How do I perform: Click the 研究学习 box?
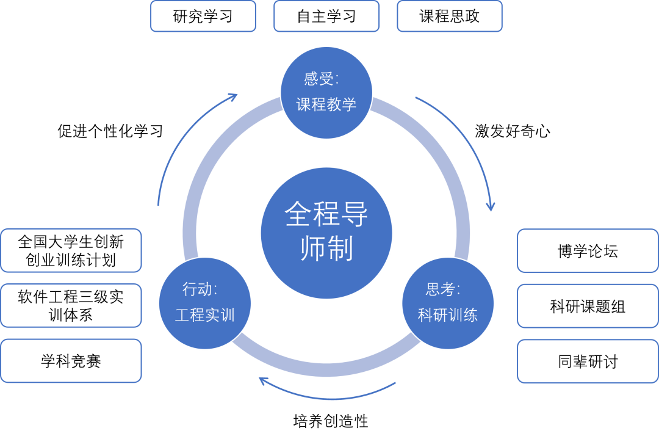pyautogui.click(x=203, y=16)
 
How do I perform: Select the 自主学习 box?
pyautogui.click(x=326, y=16)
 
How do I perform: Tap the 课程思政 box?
pyautogui.click(x=450, y=16)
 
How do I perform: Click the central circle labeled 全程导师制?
pyautogui.click(x=326, y=233)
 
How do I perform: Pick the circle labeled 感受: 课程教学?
pyautogui.click(x=326, y=92)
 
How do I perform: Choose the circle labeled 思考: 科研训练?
pyautogui.click(x=448, y=303)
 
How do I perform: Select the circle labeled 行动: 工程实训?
pyautogui.click(x=205, y=303)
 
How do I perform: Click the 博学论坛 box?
pyautogui.click(x=588, y=251)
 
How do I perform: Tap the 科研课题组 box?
pyautogui.click(x=588, y=306)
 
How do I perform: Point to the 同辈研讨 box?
pyautogui.click(x=588, y=361)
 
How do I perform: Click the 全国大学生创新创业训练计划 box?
pyautogui.click(x=71, y=250)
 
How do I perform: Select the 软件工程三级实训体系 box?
pyautogui.click(x=71, y=305)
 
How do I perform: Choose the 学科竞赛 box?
pyautogui.click(x=71, y=361)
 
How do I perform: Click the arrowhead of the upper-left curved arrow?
pyautogui.click(x=233, y=96)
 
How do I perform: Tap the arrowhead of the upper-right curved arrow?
pyautogui.click(x=490, y=207)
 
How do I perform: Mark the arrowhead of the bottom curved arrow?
pyautogui.click(x=263, y=381)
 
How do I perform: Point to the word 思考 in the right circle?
pyautogui.click(x=439, y=289)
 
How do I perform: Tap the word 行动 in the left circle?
pyautogui.click(x=196, y=289)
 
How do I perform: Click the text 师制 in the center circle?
pyautogui.click(x=326, y=249)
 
